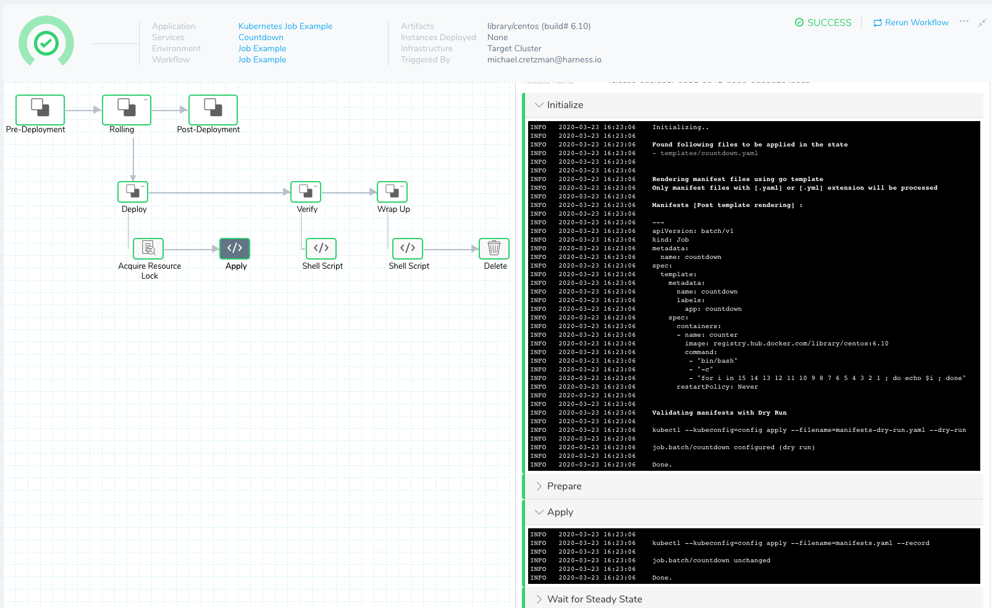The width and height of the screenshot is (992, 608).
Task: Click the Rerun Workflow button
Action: [910, 23]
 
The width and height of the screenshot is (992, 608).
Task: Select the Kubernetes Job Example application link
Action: [285, 26]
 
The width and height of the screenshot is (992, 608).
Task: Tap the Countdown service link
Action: [261, 37]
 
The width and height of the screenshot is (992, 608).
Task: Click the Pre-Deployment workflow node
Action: [40, 109]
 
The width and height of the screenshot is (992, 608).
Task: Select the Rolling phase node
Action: [126, 109]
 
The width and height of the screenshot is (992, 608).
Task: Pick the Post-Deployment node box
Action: [212, 109]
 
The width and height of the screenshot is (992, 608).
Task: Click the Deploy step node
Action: [133, 192]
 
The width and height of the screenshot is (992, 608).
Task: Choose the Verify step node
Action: [306, 192]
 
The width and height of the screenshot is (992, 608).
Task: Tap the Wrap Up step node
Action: [392, 192]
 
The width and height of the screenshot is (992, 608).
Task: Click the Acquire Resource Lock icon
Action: [148, 248]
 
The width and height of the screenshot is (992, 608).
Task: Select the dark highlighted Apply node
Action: [235, 248]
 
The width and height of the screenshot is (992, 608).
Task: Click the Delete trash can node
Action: [494, 248]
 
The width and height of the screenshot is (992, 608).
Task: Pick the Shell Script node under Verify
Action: [321, 248]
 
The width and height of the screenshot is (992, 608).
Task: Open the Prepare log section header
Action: [564, 486]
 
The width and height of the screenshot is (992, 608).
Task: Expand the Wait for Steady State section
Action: [594, 599]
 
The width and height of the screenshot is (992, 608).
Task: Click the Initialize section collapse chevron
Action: [539, 105]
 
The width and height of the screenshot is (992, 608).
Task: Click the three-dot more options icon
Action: [964, 21]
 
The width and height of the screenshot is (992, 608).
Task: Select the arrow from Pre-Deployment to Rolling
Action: [83, 110]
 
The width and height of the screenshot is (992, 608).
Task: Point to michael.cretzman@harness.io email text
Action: [544, 59]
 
